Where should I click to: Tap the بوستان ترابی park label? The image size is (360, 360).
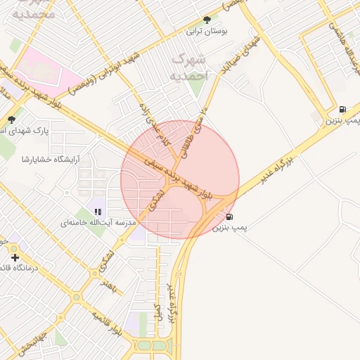(204, 31)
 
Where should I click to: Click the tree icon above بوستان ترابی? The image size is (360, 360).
(206, 20)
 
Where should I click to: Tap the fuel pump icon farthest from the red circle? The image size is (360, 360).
(342, 109)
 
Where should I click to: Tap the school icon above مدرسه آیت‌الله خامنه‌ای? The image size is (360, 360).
(98, 211)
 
